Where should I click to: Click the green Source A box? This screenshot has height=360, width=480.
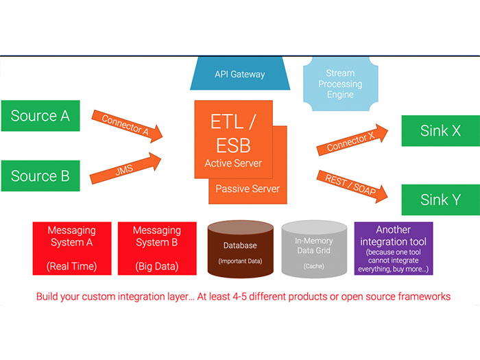(40, 116)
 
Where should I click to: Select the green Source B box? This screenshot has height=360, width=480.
(40, 176)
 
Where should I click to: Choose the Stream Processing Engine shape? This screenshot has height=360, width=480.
(341, 84)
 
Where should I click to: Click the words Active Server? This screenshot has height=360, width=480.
(234, 163)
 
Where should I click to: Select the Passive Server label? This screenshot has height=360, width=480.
(248, 188)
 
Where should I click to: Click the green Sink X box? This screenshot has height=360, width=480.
(440, 131)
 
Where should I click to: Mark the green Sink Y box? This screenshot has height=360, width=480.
(440, 200)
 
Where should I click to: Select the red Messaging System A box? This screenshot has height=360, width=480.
(71, 248)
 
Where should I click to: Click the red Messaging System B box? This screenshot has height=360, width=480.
(156, 248)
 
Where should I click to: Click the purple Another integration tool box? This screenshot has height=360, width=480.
(393, 248)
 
